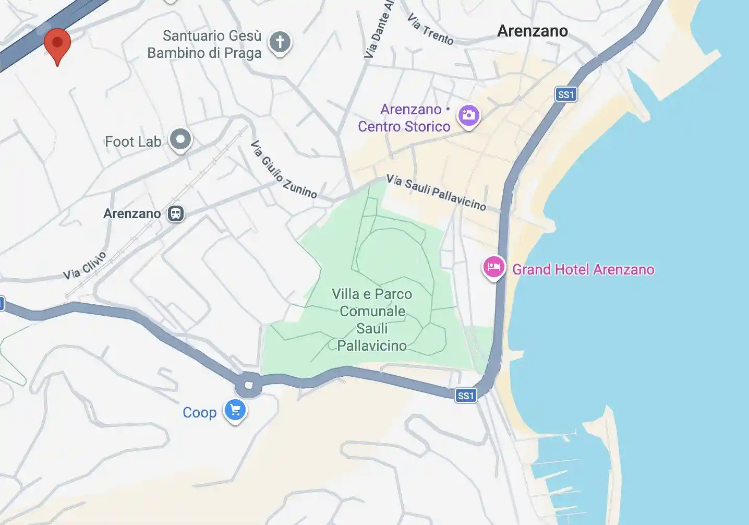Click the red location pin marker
coord(57,43)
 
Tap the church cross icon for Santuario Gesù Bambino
coord(280,42)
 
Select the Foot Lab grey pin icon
coord(181,139)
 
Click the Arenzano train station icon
coord(176,213)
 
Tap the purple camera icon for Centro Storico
coord(468,115)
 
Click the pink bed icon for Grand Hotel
coord(493,267)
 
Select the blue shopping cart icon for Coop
coord(235,410)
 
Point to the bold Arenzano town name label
coord(532,31)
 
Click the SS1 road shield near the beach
coord(566,94)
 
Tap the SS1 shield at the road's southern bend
coord(466,396)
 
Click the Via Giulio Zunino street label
coord(284,170)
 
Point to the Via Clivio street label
coord(84,265)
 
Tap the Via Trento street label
coord(430,29)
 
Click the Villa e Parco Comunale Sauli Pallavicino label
coord(372,319)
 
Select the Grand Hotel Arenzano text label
coord(583,269)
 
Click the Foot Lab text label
coord(133,141)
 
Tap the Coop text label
coord(199,412)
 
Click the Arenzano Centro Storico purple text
coord(405,118)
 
